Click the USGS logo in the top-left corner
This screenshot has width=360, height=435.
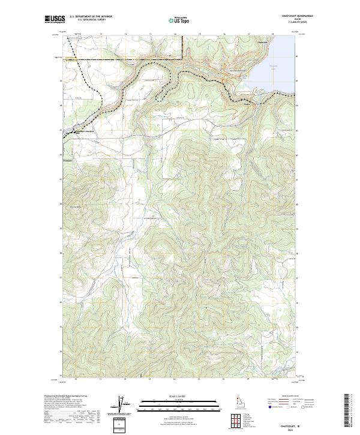[55, 20]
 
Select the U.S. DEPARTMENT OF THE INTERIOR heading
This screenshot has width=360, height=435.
[91, 17]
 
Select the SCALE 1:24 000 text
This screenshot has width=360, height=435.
[172, 396]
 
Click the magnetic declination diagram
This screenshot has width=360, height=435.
[120, 405]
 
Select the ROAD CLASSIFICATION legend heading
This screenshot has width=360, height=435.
[290, 396]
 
